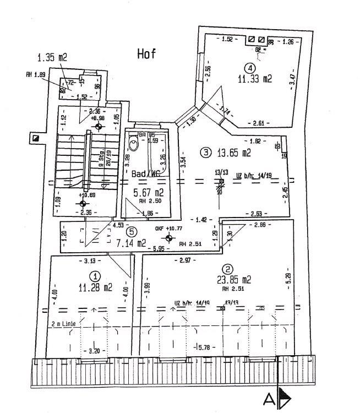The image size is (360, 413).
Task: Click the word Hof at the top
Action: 146,53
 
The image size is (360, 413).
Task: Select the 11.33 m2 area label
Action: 255,79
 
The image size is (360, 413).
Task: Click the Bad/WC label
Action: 146,174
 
